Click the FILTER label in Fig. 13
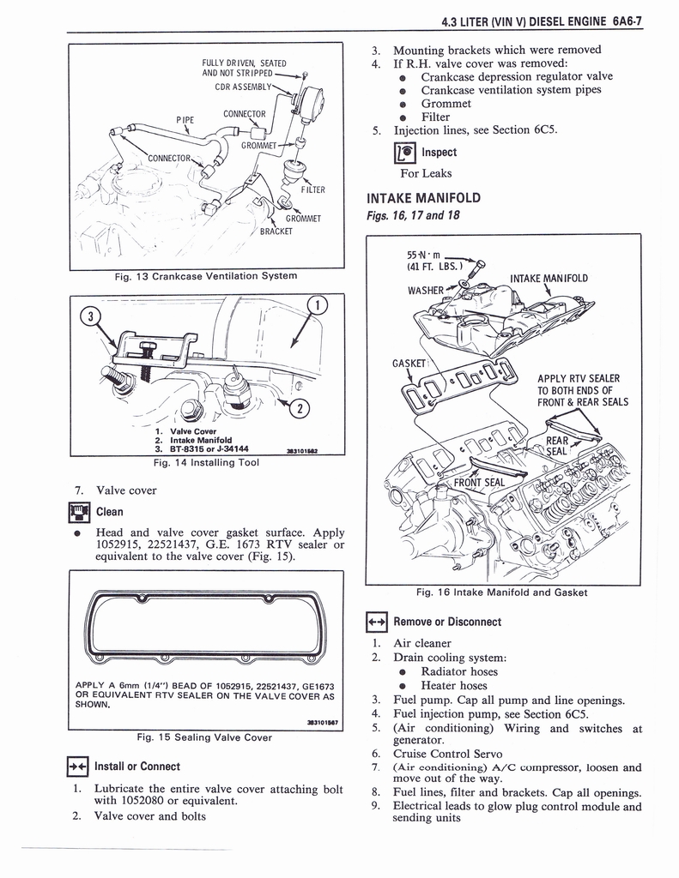[x=312, y=189]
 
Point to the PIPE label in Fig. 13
[x=185, y=119]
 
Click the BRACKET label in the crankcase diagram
[x=277, y=231]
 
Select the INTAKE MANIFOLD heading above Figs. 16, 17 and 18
[x=423, y=197]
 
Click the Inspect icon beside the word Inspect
[x=403, y=153]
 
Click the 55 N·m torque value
[x=423, y=255]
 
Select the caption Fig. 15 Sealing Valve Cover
[x=204, y=737]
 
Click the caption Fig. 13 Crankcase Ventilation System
[x=205, y=275]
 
